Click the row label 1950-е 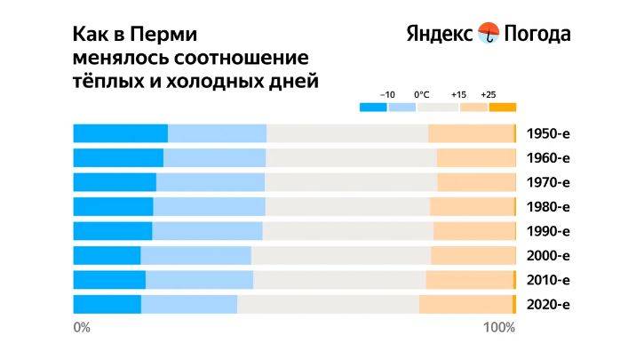[x=547, y=134]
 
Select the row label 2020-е [x=547, y=304]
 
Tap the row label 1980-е [x=547, y=207]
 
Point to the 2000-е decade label [x=547, y=256]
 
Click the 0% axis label [x=82, y=327]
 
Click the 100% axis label [x=498, y=327]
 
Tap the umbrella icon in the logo [x=489, y=34]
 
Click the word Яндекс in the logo [x=440, y=35]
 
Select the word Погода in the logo [x=537, y=35]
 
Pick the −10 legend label [x=387, y=94]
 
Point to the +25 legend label [x=488, y=94]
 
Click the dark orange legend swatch [x=502, y=108]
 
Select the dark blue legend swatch [x=373, y=108]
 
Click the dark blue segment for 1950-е [x=120, y=134]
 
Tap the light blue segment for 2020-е [x=188, y=304]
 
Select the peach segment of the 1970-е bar [x=475, y=182]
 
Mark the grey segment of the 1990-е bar [x=347, y=231]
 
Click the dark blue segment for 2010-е [x=108, y=280]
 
